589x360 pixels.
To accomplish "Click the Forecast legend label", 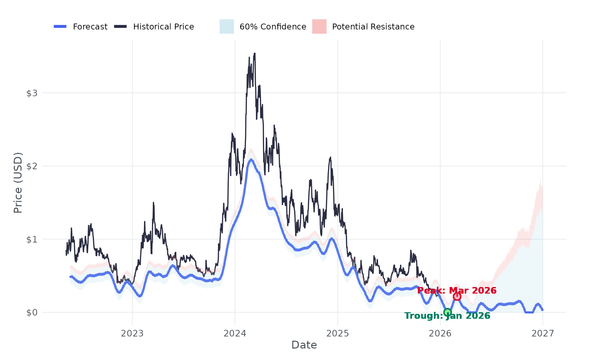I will point(90,27).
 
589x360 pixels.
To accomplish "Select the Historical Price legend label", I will point(163,27).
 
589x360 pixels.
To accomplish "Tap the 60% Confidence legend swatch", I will point(226,27).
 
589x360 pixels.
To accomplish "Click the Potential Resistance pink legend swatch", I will point(319,27).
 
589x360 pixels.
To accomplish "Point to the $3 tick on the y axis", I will point(32,93).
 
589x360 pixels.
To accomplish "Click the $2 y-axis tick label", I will point(32,166).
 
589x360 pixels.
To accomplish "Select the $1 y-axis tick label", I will point(32,240).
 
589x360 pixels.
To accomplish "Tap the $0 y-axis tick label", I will point(32,313).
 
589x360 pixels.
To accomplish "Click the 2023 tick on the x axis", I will point(132,333).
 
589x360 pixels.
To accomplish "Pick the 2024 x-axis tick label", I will point(235,333).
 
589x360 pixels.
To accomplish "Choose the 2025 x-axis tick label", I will point(338,333).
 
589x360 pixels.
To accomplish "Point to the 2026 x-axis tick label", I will point(440,333).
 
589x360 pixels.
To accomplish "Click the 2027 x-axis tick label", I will point(543,333).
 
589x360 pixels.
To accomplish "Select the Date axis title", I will point(304,345).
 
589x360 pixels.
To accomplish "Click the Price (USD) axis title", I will point(18,183).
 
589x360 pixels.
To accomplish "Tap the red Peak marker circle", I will point(457,297).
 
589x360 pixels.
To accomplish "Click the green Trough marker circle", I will point(447,312).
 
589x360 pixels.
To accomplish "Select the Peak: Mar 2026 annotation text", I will point(457,290).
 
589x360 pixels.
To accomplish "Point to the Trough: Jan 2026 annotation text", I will point(447,316).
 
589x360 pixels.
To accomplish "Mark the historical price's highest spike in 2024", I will point(255,54).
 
